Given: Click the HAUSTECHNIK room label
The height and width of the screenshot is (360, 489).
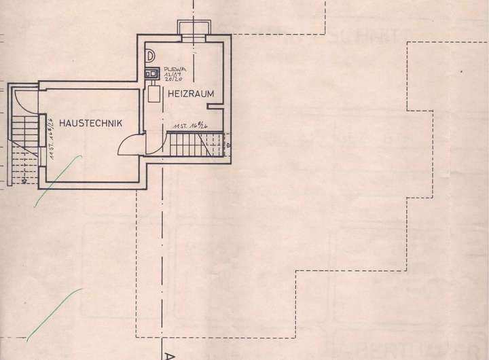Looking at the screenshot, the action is tap(90, 123).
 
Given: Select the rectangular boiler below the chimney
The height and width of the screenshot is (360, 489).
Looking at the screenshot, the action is tap(154, 94).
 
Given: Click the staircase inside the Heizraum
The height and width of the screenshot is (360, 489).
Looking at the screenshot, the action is tap(193, 145).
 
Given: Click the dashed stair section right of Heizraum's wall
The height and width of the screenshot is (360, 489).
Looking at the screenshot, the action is tap(230, 145).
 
